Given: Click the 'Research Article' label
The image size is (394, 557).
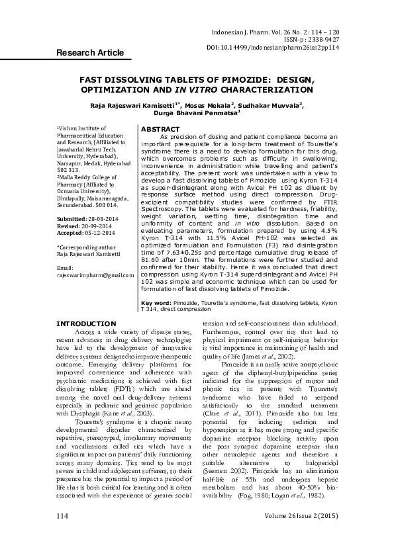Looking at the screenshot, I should [x=89, y=53].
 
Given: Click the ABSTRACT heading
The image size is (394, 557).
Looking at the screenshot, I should [x=161, y=129].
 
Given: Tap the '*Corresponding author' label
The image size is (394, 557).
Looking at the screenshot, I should [x=85, y=246].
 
